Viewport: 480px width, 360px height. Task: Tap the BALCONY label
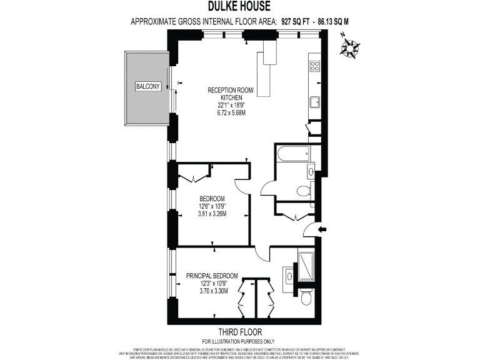point(147,86)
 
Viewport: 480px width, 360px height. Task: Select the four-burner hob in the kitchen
point(315,65)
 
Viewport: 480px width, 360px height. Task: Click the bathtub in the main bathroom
point(296,151)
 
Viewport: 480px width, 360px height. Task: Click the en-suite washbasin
point(290,274)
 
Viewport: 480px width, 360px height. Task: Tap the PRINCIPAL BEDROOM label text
point(212,276)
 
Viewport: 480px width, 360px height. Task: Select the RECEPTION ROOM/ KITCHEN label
point(231,94)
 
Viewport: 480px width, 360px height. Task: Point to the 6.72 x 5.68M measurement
point(231,112)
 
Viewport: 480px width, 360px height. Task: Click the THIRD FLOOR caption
point(239,332)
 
